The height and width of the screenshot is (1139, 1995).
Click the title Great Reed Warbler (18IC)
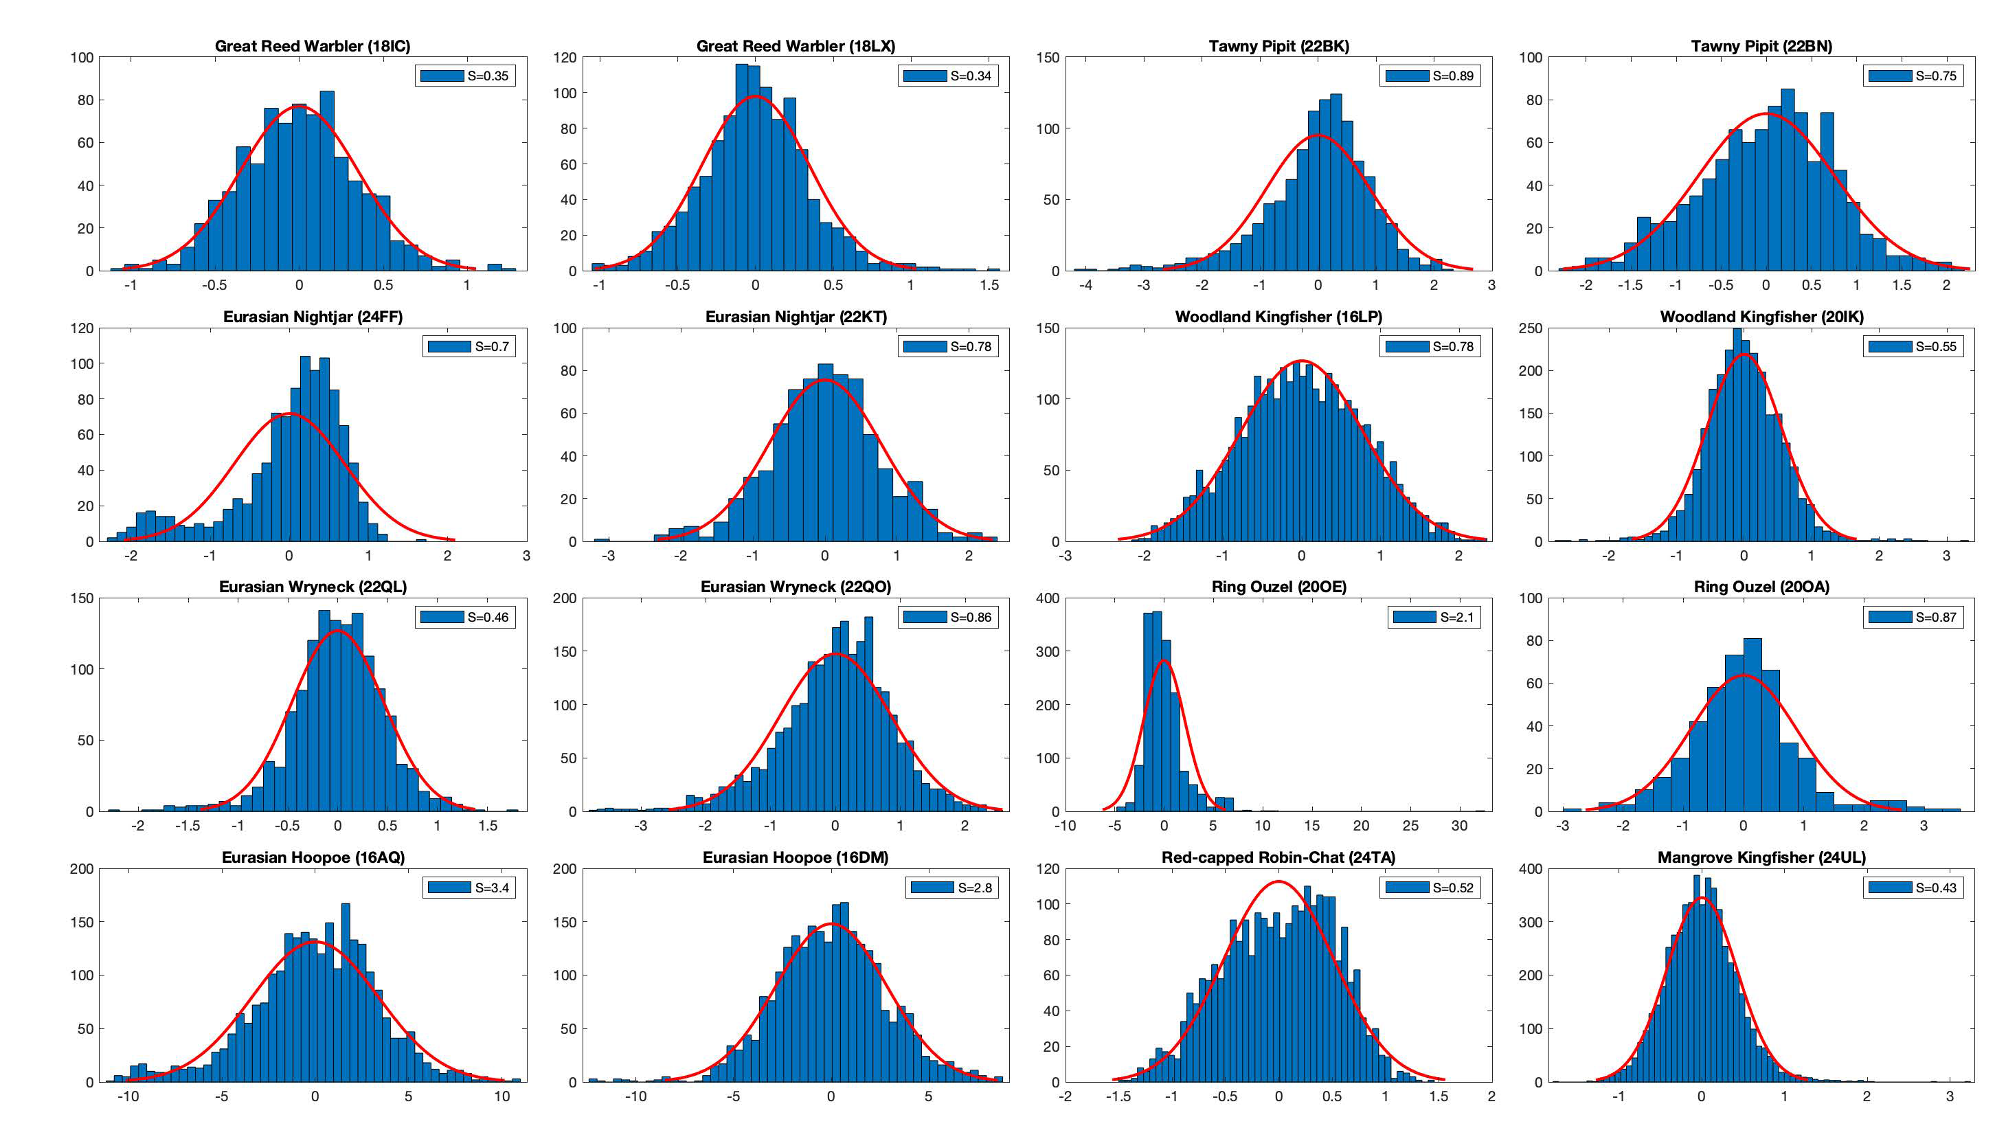(x=312, y=46)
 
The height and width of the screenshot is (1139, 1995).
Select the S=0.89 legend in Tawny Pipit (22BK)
(x=1430, y=76)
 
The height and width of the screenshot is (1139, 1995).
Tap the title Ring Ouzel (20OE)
(x=1278, y=587)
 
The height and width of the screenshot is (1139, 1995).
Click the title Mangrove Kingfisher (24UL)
(x=1761, y=857)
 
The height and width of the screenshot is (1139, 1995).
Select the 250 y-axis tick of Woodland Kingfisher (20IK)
(x=1531, y=328)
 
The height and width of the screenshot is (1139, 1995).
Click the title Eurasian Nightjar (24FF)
(x=313, y=317)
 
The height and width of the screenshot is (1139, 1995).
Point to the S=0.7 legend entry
(x=469, y=346)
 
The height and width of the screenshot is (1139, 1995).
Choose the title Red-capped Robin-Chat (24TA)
(x=1278, y=857)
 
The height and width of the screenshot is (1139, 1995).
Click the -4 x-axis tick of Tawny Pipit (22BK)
(x=1086, y=286)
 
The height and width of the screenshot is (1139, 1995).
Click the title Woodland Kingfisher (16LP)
(x=1278, y=317)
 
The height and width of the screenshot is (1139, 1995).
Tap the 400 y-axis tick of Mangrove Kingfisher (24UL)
(x=1531, y=869)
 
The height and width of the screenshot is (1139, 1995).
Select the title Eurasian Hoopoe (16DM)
(x=796, y=857)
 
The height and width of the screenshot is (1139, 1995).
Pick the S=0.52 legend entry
(x=1430, y=888)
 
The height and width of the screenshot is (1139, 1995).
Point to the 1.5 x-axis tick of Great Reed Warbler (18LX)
(x=989, y=286)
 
